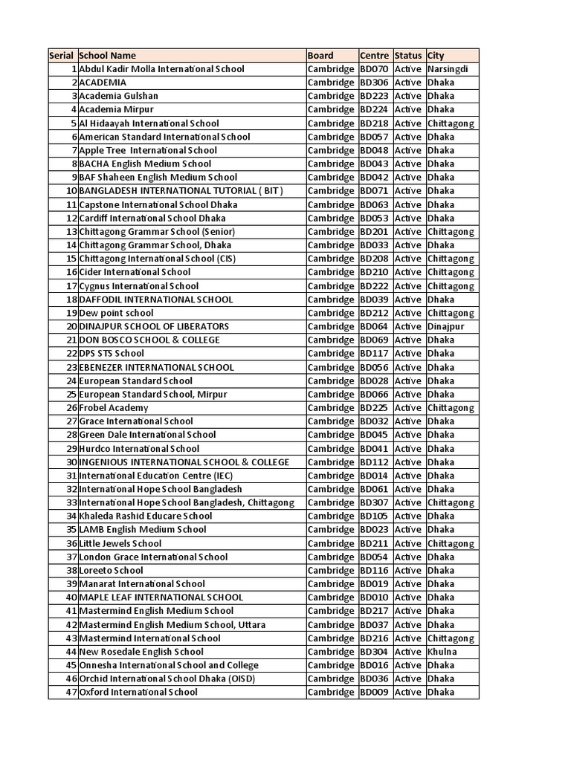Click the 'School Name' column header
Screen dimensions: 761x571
(108, 56)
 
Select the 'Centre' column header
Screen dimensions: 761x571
(374, 56)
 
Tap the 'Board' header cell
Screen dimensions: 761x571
(320, 56)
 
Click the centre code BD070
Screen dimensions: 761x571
(374, 69)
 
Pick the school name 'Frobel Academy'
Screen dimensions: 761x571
(114, 408)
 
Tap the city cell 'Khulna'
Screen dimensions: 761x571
(442, 652)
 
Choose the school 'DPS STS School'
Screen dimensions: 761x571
(112, 354)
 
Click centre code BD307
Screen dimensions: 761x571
(374, 502)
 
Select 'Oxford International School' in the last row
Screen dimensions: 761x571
(138, 693)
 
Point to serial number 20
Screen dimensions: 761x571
(71, 326)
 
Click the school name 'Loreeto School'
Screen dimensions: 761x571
(111, 571)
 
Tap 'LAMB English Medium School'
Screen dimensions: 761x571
(143, 530)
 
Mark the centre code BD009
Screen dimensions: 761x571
(374, 693)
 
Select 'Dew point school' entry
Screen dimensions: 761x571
(116, 313)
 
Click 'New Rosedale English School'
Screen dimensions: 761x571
(141, 652)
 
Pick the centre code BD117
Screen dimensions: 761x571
(374, 354)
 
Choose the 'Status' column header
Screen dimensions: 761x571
(408, 56)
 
